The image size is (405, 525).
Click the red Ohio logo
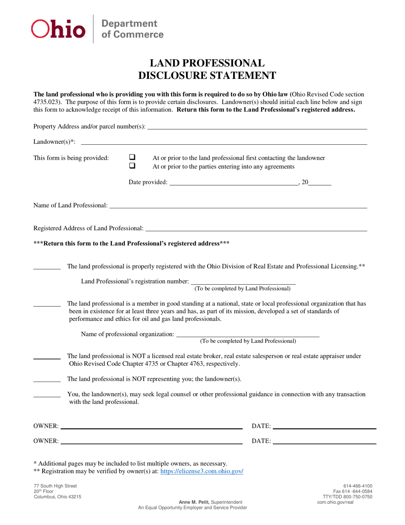(58, 29)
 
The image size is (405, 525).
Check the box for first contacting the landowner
(132, 157)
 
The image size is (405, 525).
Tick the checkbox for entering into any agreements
(132, 166)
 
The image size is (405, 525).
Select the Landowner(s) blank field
(224, 142)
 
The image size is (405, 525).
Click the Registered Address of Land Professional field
(256, 229)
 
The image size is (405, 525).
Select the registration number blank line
(243, 282)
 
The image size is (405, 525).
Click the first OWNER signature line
(151, 426)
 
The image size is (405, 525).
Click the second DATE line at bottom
(324, 442)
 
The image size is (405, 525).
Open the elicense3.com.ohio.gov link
(202, 472)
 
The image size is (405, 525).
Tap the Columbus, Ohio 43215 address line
(58, 497)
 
